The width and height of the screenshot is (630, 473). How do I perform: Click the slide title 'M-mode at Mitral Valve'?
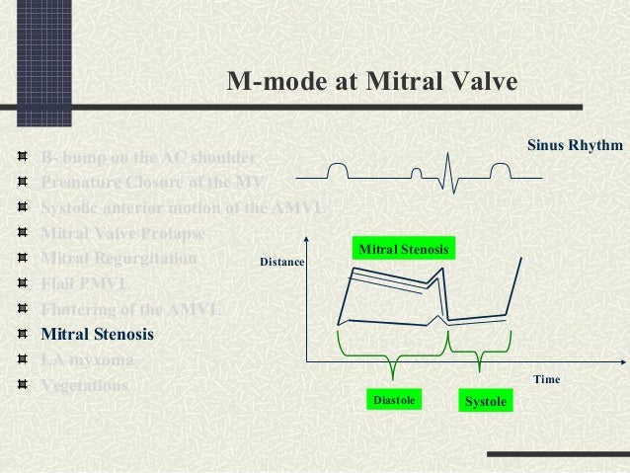point(371,82)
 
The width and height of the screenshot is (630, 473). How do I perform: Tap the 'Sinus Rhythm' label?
point(575,145)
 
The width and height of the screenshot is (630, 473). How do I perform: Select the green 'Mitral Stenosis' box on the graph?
point(403,250)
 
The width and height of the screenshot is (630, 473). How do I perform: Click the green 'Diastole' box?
point(392,400)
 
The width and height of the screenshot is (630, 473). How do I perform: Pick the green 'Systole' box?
point(485,401)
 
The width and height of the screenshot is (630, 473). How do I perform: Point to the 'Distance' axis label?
point(281,264)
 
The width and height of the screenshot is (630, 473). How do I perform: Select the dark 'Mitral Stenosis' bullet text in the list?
point(97,334)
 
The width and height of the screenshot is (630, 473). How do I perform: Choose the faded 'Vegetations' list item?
point(84,386)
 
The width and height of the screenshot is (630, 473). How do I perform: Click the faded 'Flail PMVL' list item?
point(85,284)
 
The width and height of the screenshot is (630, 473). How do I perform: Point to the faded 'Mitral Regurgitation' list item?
point(118,259)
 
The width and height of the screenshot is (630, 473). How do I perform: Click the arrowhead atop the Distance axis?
point(307,240)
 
